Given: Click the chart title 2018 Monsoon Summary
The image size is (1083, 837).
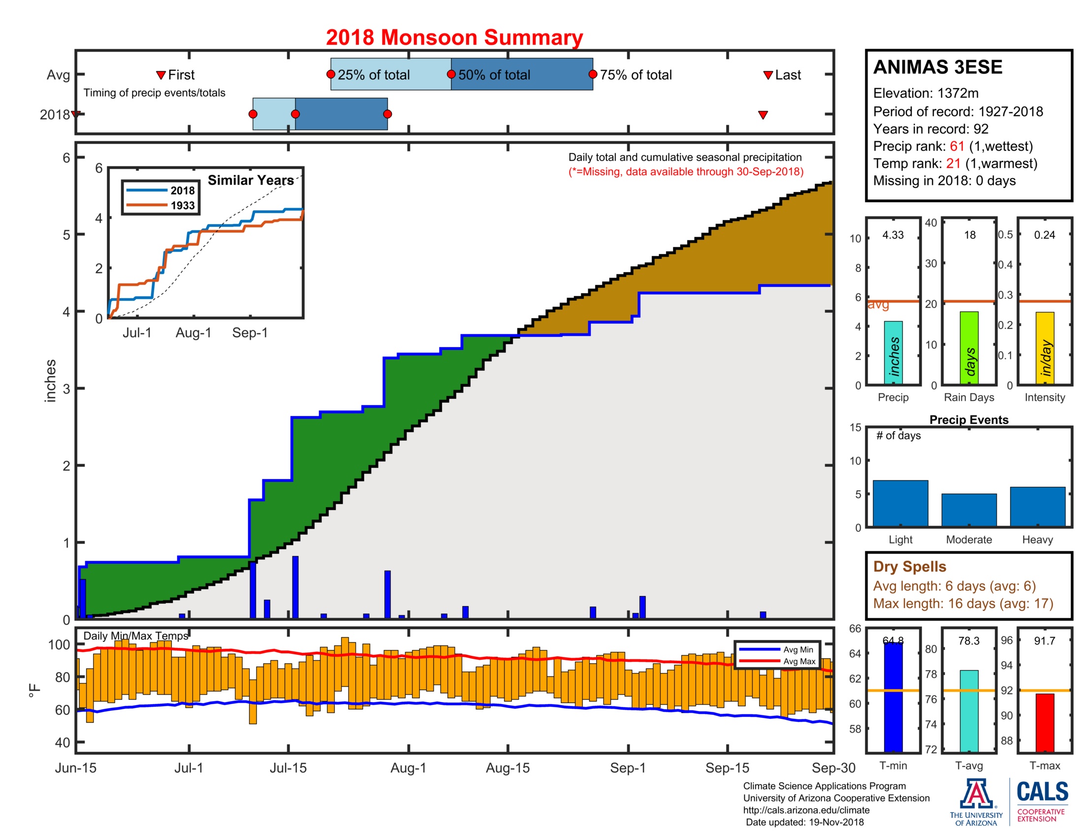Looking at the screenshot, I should [x=454, y=38].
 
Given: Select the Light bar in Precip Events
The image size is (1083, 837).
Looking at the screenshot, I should [x=900, y=503].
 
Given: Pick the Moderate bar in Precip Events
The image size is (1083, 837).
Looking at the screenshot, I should [x=968, y=510].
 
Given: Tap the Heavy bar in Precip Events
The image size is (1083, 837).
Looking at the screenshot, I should [x=1037, y=506].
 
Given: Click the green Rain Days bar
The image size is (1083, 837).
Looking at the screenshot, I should [x=969, y=348].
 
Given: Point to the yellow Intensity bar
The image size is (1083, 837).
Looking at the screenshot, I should [x=1044, y=348].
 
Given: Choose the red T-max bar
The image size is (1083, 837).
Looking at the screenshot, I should [x=1044, y=722].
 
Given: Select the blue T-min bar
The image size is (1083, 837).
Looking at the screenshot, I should [x=893, y=697].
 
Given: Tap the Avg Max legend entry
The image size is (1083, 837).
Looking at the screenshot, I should [x=799, y=661].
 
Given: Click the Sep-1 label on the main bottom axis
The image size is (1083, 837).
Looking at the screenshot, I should [x=628, y=768].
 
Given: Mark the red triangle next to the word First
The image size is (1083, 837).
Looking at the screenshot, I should [x=160, y=75].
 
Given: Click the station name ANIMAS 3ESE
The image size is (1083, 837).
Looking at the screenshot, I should [x=937, y=67].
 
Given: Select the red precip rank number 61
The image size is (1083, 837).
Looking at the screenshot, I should [x=956, y=146].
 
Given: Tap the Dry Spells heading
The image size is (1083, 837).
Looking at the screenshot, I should [x=909, y=566].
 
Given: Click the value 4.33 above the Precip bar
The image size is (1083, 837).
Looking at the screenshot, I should [x=892, y=235].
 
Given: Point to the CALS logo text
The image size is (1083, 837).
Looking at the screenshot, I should [x=1042, y=791].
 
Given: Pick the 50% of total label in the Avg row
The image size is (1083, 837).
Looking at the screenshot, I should [x=494, y=75].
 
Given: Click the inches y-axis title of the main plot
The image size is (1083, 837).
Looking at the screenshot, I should [x=51, y=380].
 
